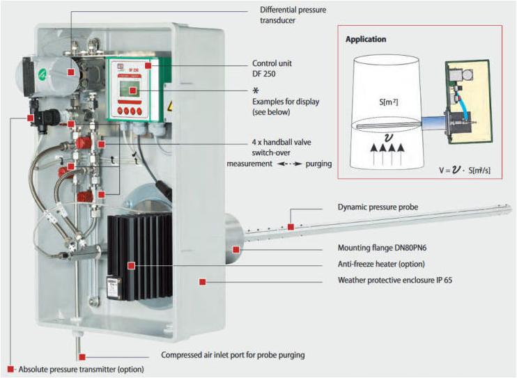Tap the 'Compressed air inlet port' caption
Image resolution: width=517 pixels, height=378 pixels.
coord(233,355)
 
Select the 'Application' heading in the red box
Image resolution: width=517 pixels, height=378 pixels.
coord(366,40)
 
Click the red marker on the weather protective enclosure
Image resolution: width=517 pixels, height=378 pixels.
coord(202,282)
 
